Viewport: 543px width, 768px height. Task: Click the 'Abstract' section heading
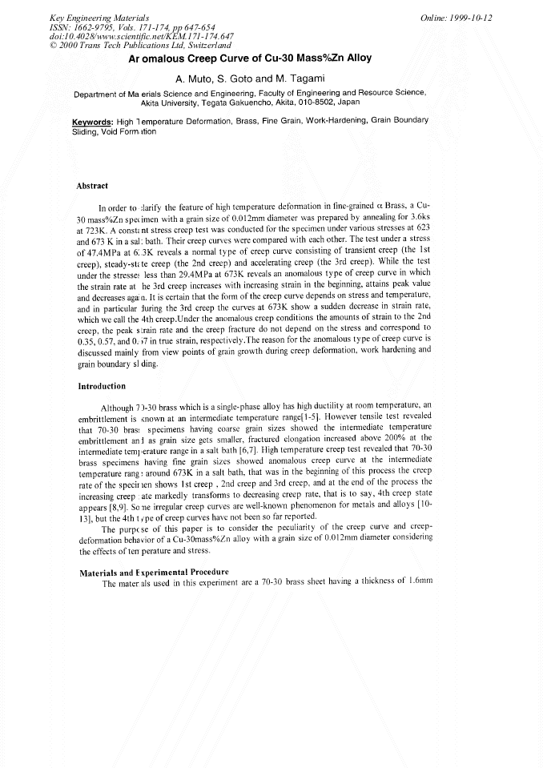coord(92,186)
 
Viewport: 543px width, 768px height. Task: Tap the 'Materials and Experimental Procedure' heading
coord(154,572)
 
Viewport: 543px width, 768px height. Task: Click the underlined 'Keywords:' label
coord(91,121)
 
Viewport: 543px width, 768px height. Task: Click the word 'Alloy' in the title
coord(353,59)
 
